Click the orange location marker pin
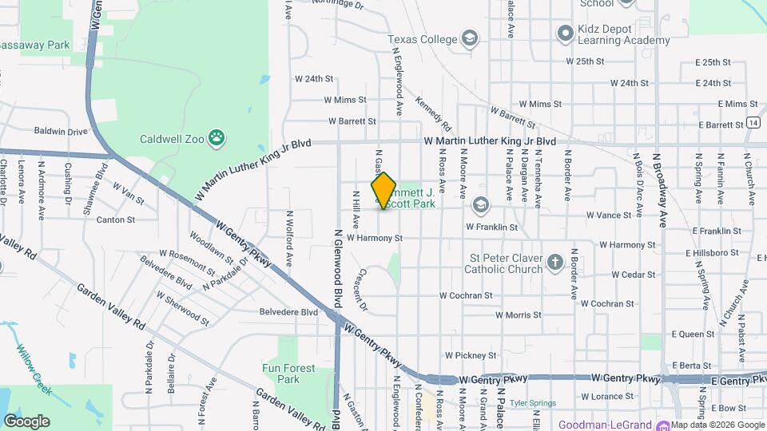[x=383, y=192]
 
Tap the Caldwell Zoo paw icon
[x=216, y=138]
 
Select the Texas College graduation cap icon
[x=470, y=39]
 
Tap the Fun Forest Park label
[x=288, y=374]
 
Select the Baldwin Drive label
[x=61, y=131]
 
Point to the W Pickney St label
[x=471, y=354]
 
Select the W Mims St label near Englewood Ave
[x=344, y=101]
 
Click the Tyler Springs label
[x=532, y=404]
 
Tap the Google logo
[x=26, y=421]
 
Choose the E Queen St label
[x=693, y=334]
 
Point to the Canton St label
[x=116, y=219]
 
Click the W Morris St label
[x=518, y=315]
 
